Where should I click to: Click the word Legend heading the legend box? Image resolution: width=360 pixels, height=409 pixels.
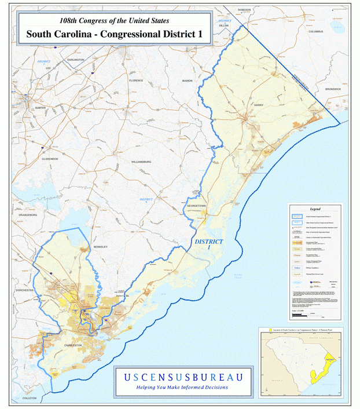(315, 209)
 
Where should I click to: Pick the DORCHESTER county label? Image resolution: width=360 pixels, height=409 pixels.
(25, 290)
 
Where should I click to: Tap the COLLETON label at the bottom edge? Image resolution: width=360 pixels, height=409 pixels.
(30, 399)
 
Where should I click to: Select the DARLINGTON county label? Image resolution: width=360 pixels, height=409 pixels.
(75, 60)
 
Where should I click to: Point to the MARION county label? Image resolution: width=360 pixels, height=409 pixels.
(187, 81)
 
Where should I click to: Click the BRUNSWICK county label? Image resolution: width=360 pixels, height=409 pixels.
(333, 89)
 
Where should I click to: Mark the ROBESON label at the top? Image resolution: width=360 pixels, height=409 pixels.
(244, 10)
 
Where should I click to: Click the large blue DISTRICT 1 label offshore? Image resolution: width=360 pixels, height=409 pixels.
(208, 244)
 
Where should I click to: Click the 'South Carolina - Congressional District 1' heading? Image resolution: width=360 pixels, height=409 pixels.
(114, 34)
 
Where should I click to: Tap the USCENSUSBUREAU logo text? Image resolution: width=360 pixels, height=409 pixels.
(183, 377)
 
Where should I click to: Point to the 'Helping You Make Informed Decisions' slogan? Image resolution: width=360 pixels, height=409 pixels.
(182, 387)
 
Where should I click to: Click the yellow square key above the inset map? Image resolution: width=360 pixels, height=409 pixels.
(270, 329)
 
